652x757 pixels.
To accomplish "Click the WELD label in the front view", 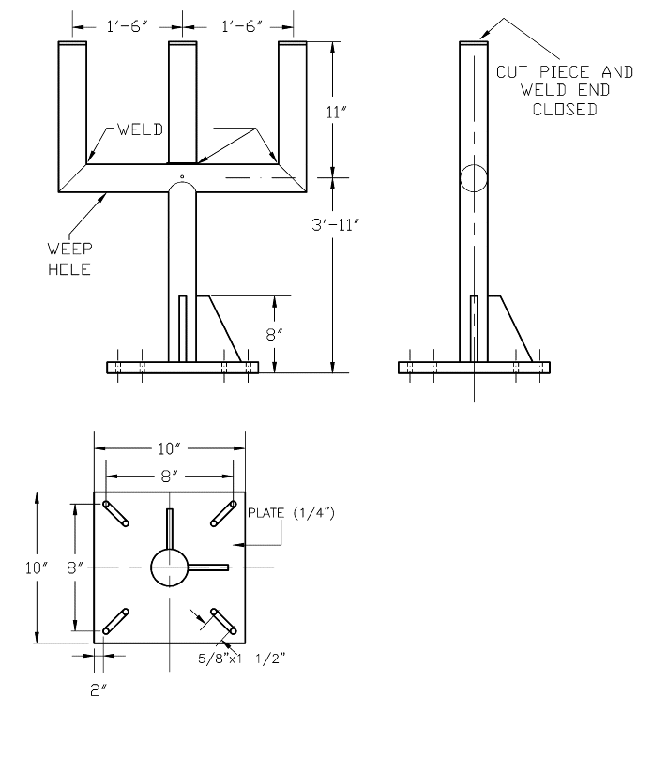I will pyautogui.click(x=142, y=129).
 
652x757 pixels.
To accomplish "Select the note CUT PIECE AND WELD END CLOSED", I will pyautogui.click(x=553, y=89).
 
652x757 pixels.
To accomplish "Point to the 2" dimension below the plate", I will pyautogui.click(x=98, y=689).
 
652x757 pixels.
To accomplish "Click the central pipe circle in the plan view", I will pyautogui.click(x=169, y=568).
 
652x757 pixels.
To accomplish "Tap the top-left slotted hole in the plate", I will pyautogui.click(x=117, y=512).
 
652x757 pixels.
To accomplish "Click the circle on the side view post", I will pyautogui.click(x=475, y=177).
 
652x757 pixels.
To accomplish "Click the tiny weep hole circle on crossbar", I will pyautogui.click(x=182, y=174).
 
